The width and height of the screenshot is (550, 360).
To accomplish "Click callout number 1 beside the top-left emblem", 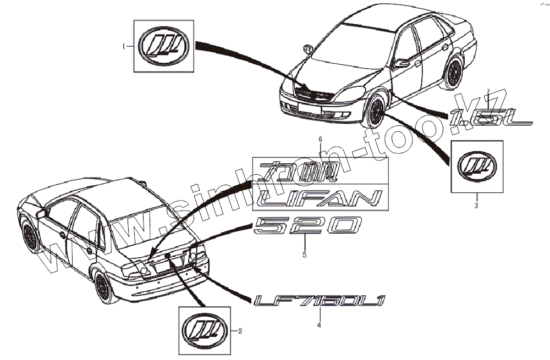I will [123, 47].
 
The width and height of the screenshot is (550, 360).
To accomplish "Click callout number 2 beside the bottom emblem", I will [240, 331].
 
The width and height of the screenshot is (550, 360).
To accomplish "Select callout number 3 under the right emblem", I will [476, 206].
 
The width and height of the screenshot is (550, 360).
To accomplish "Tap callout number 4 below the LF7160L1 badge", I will [319, 325].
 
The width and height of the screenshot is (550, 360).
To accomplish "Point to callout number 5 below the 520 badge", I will [304, 254].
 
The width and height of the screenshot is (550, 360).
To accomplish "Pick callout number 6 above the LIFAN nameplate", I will [320, 141].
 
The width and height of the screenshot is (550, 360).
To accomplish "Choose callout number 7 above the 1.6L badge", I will [487, 91].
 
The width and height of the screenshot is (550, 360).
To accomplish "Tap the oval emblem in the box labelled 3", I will [477, 165].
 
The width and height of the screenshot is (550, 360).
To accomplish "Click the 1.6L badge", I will [490, 117].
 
